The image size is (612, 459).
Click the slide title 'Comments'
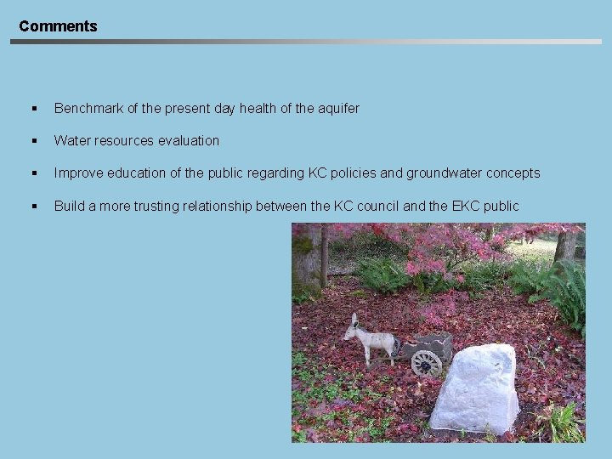pos(58,26)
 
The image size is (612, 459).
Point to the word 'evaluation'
pos(188,141)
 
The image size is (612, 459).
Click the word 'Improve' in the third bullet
pos(78,173)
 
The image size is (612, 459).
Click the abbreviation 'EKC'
pos(465,207)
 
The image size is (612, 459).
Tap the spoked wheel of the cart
pos(426,363)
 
